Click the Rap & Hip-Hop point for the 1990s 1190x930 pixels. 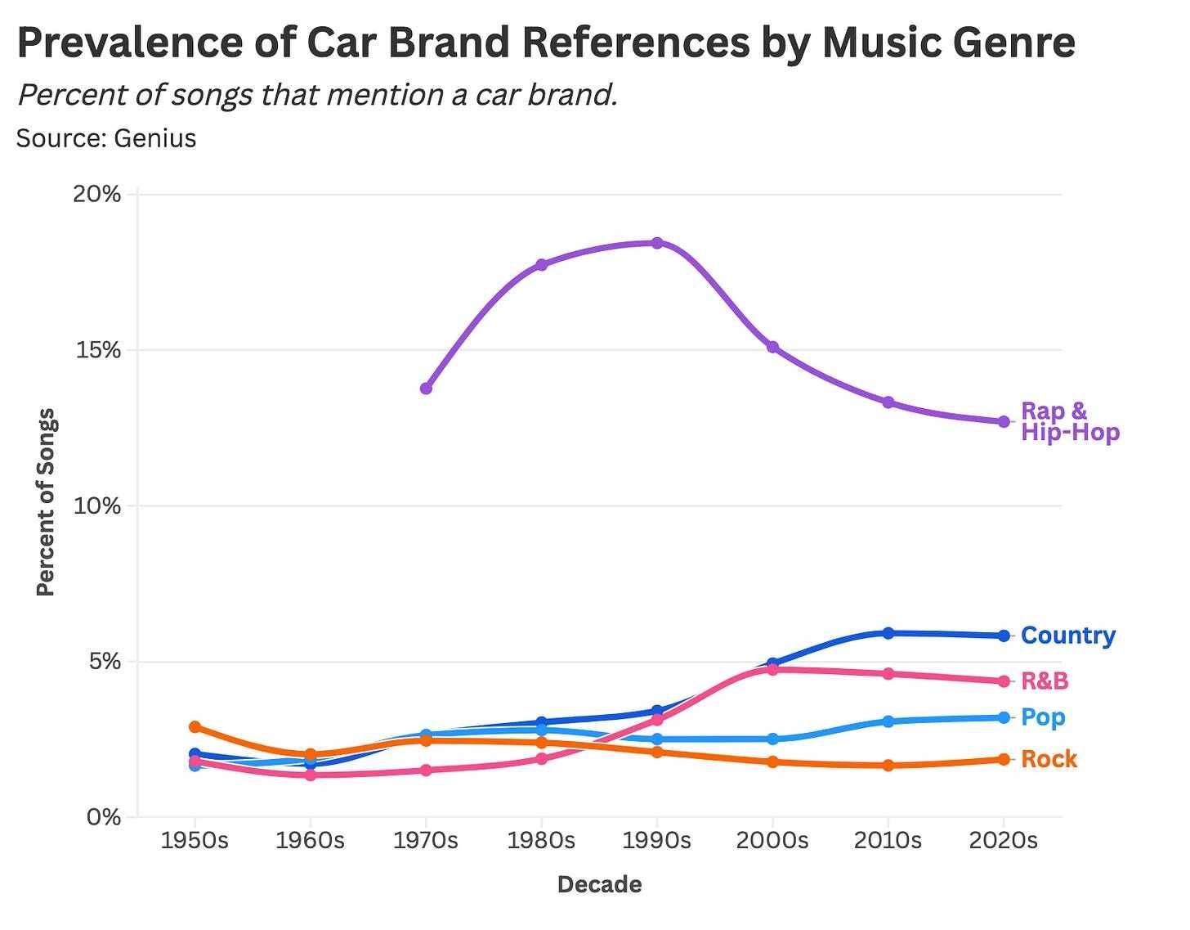(x=657, y=243)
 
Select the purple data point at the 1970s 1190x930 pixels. (x=426, y=389)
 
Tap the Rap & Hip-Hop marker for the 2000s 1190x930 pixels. (x=772, y=348)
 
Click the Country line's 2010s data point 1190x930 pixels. (x=888, y=633)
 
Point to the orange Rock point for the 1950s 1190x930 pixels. (x=195, y=727)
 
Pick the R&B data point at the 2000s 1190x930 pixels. (x=772, y=669)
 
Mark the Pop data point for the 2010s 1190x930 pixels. (x=888, y=721)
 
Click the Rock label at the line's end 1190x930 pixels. (x=1049, y=760)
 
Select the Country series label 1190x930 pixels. (x=1067, y=636)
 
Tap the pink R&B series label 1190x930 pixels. (x=1045, y=681)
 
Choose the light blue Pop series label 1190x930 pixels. (x=1043, y=717)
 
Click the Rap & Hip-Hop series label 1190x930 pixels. (x=1069, y=421)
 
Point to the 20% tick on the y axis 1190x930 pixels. (x=97, y=195)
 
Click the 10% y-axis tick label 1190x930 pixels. (x=97, y=505)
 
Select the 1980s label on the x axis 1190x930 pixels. (x=541, y=841)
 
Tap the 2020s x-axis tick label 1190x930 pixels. (x=1003, y=841)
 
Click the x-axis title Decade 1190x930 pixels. (x=599, y=885)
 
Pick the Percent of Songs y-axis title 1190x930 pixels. (x=46, y=502)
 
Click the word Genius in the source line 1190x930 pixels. (x=155, y=138)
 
